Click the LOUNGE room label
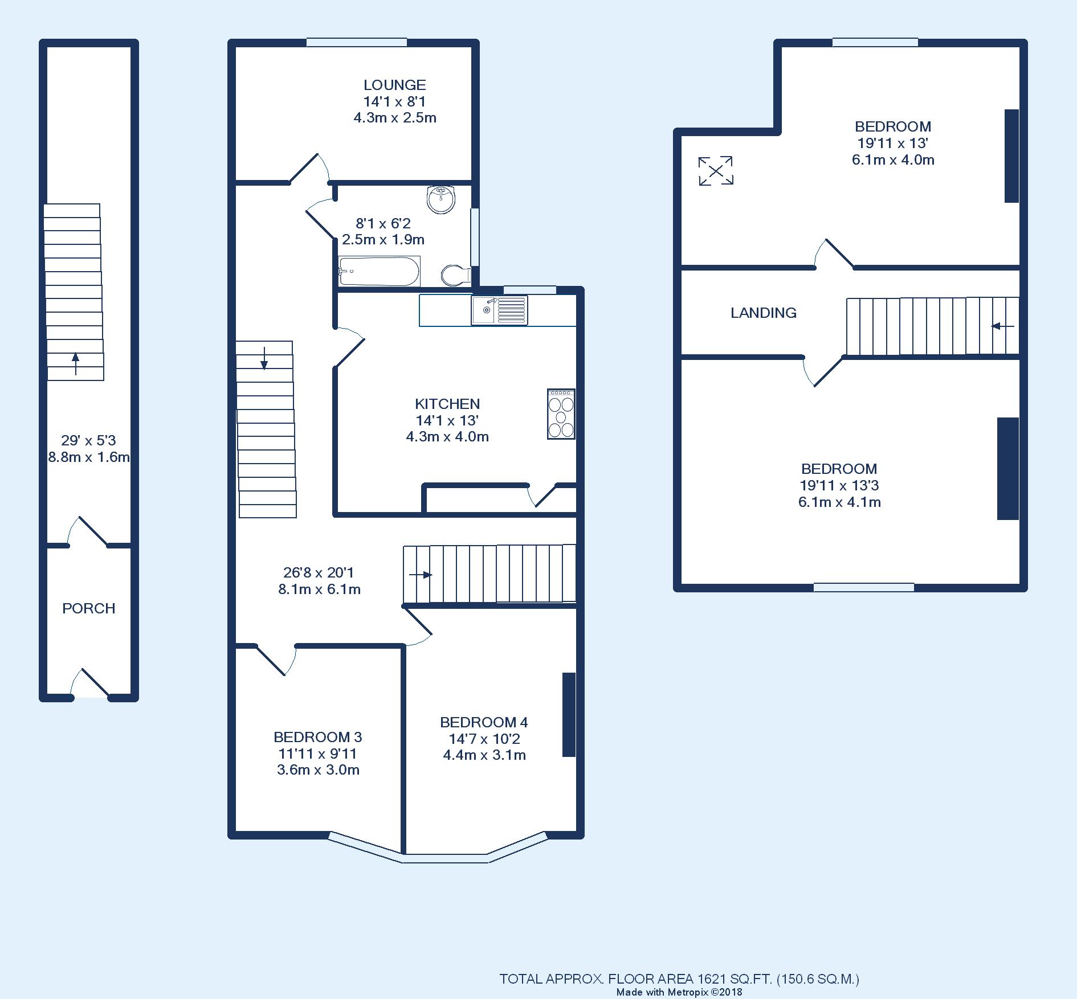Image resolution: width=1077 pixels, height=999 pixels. point(395,85)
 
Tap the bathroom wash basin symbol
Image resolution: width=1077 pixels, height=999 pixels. point(440,199)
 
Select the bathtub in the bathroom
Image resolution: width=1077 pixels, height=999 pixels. point(379,272)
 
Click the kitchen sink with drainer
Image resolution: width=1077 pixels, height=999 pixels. point(499,310)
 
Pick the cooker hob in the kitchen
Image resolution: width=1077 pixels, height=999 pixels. point(561,414)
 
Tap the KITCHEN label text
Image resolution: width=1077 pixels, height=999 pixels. point(447,404)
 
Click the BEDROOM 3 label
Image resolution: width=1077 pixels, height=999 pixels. point(317,738)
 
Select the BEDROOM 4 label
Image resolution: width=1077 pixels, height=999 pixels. point(484,723)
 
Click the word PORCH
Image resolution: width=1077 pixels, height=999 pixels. point(89,609)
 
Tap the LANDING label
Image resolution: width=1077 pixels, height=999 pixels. point(764,313)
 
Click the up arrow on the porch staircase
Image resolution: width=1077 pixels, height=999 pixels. point(75,363)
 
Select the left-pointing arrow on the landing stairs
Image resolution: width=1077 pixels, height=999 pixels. point(1002,326)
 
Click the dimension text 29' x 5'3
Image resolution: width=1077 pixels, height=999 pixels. point(88,440)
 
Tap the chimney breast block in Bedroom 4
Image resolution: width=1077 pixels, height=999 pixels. point(569,715)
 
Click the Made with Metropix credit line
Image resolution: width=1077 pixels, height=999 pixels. point(679,992)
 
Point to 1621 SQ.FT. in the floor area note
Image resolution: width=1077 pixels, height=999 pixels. point(735,979)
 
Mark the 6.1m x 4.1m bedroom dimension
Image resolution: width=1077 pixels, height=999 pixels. point(839,502)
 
